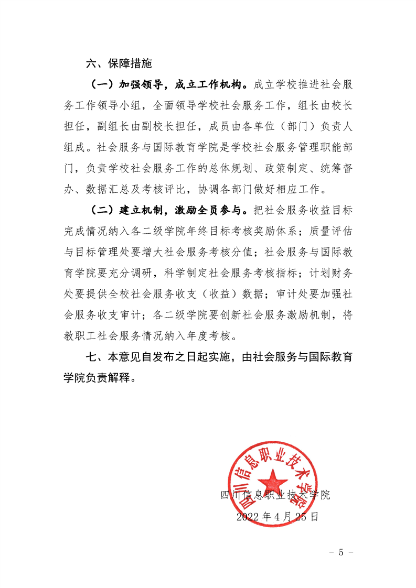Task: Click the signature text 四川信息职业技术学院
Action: coord(275,495)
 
